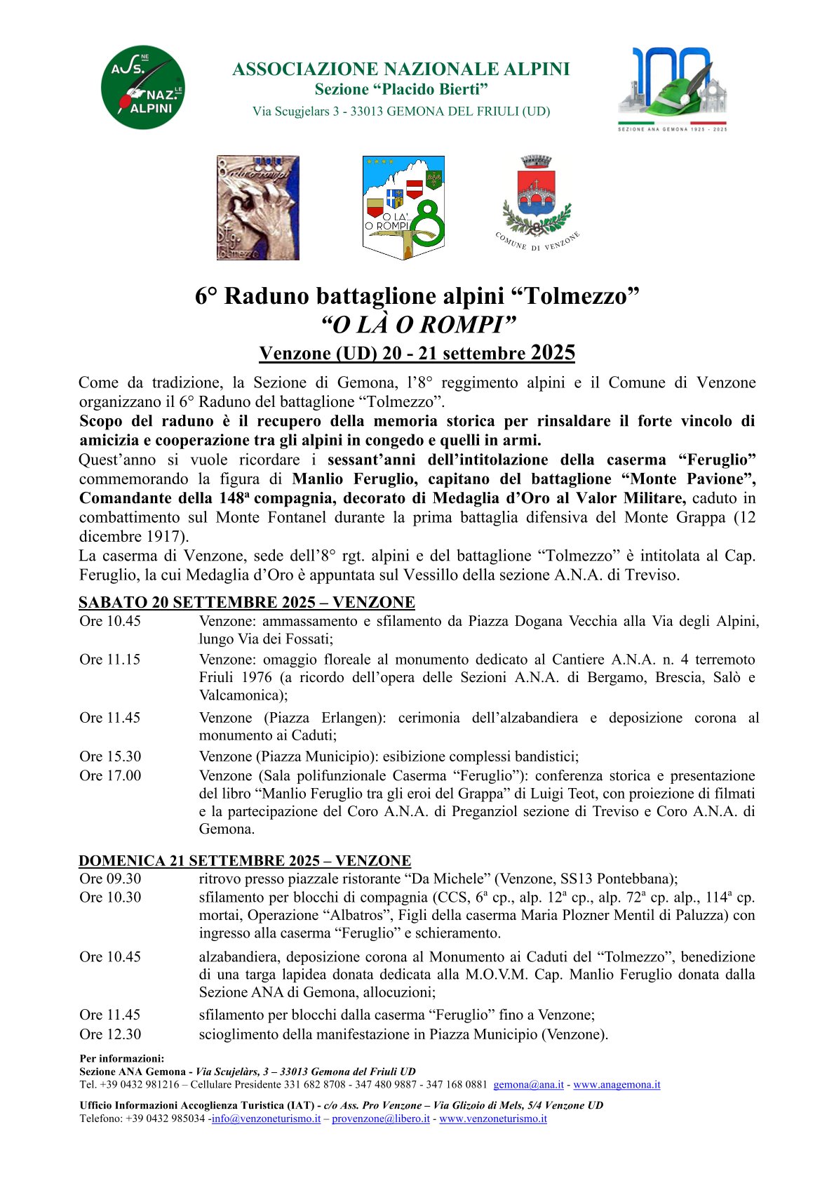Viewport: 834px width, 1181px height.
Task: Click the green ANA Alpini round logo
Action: tap(143, 88)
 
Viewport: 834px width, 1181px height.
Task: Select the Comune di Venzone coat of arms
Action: tap(537, 203)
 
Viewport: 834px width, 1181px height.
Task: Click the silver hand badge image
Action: tap(257, 208)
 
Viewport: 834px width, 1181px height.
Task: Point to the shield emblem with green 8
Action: tap(403, 207)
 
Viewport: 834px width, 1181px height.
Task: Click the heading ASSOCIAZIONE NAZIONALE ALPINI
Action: tap(401, 69)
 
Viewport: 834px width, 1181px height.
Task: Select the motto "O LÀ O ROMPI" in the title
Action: tap(417, 325)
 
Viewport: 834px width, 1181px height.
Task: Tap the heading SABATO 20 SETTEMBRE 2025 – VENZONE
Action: tap(247, 602)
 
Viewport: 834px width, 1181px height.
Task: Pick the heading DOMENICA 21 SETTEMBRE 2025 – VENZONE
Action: tap(245, 860)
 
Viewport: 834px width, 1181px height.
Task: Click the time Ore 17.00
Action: tap(110, 775)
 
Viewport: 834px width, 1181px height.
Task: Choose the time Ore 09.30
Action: tap(110, 879)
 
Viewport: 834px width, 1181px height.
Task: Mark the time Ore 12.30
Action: tap(110, 1034)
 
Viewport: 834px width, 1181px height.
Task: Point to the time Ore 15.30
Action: tap(110, 756)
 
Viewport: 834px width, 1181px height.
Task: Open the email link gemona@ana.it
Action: tap(528, 1084)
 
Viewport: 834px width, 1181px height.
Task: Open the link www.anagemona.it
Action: tap(617, 1084)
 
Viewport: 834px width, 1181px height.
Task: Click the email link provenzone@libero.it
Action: tap(380, 1119)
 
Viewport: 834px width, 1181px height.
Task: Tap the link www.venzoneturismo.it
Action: tap(492, 1119)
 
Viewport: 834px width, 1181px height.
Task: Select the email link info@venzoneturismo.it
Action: tap(266, 1119)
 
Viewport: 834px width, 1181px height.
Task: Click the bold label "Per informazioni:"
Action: tap(121, 1058)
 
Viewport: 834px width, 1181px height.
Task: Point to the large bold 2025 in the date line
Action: tap(553, 352)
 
